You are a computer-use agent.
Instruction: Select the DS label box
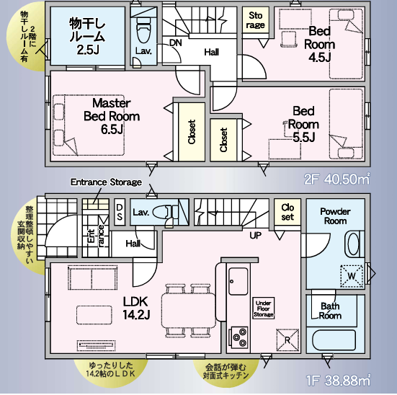coord(120,212)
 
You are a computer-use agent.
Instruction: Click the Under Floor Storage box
coord(264,309)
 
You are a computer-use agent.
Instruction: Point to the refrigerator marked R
coord(287,339)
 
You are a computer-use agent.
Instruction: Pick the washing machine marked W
coord(352,275)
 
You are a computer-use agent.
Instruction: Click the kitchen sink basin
coord(238,281)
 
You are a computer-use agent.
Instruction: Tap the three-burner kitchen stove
coord(238,337)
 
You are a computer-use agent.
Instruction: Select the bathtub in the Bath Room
coord(334,340)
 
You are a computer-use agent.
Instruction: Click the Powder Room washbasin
coord(353,244)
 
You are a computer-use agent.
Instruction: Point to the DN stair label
coord(176,43)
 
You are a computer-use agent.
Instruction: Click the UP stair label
coord(256,236)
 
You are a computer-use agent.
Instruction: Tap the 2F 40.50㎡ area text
coord(336,179)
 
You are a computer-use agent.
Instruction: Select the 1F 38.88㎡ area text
coord(338,380)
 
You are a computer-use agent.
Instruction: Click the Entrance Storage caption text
coord(106,182)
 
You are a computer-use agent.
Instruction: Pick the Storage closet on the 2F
coord(256,20)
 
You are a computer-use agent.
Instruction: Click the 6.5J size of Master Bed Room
coord(112,129)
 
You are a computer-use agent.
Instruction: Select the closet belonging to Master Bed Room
coord(192,132)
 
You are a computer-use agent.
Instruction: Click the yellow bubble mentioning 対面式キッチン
coord(226,371)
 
